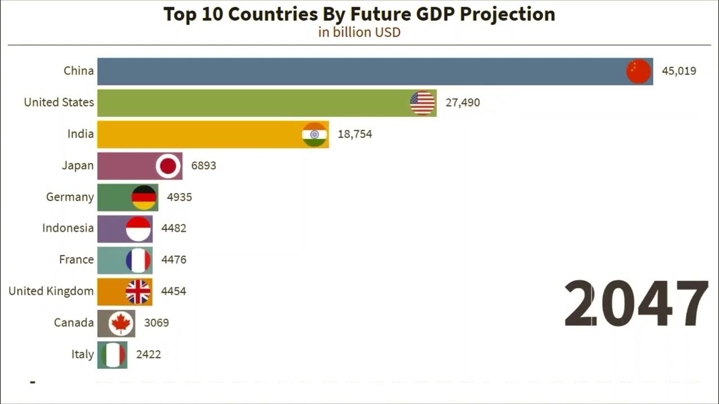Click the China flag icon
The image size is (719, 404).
pyautogui.click(x=639, y=72)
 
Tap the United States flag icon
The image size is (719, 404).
pyautogui.click(x=422, y=103)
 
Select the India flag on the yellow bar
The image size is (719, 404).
pyautogui.click(x=315, y=135)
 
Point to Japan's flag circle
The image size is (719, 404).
pyautogui.click(x=168, y=166)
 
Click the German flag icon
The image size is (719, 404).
pyautogui.click(x=144, y=198)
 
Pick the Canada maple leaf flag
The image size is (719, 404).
pyautogui.click(x=121, y=323)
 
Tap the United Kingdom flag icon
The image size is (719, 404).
pyautogui.click(x=138, y=292)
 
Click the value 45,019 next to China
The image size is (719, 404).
pyautogui.click(x=679, y=71)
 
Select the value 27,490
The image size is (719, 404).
pyautogui.click(x=463, y=103)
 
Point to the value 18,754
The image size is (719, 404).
pyautogui.click(x=354, y=134)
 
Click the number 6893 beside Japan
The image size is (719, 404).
pyautogui.click(x=203, y=166)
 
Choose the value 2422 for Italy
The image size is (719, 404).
pyautogui.click(x=148, y=354)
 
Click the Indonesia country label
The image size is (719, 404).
pyautogui.click(x=68, y=228)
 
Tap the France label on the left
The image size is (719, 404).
pyautogui.click(x=76, y=259)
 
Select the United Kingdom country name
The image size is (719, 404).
pyautogui.click(x=51, y=291)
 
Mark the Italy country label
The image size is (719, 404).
pyautogui.click(x=83, y=354)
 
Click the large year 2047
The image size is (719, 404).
pyautogui.click(x=635, y=304)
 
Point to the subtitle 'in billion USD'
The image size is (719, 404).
pyautogui.click(x=359, y=32)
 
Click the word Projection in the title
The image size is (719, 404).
pyautogui.click(x=507, y=14)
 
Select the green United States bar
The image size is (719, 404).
pyautogui.click(x=253, y=103)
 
